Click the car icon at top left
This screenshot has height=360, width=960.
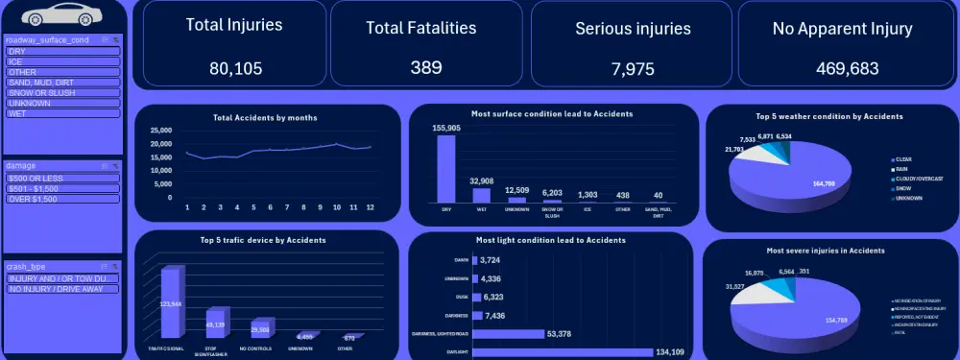pyautogui.click(x=60, y=15)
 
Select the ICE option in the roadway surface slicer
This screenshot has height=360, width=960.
pyautogui.click(x=62, y=61)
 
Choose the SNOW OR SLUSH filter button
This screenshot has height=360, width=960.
pyautogui.click(x=62, y=92)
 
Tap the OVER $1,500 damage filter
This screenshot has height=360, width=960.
pyautogui.click(x=62, y=198)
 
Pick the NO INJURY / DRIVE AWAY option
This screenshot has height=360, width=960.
pyautogui.click(x=62, y=288)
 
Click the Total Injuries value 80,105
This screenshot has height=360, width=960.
pyautogui.click(x=234, y=68)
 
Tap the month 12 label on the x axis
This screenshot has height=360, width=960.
pyautogui.click(x=371, y=207)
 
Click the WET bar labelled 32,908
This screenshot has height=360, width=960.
pyautogui.click(x=481, y=195)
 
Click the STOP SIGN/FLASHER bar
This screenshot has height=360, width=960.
pyautogui.click(x=216, y=323)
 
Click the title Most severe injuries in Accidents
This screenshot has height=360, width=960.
pyautogui.click(x=826, y=251)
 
